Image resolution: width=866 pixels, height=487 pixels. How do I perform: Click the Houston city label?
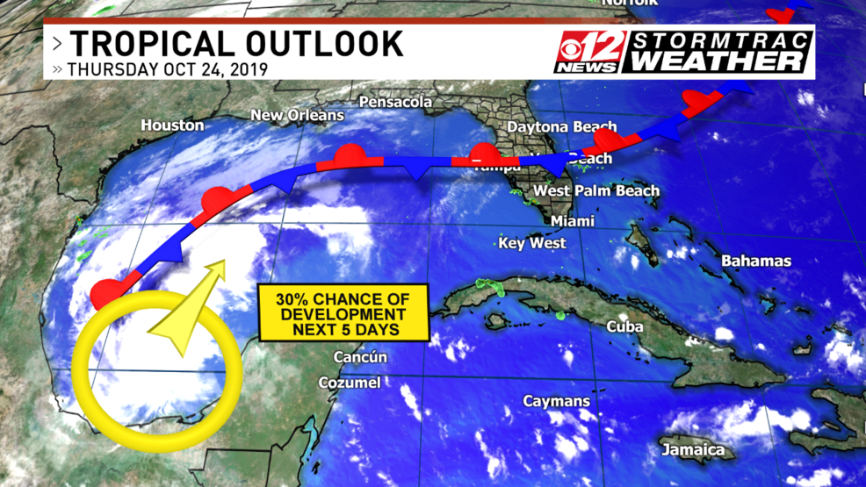pyautogui.click(x=172, y=125)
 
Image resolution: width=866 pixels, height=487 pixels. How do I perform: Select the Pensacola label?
pyautogui.click(x=395, y=103)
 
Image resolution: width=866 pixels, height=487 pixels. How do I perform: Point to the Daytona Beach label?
pyautogui.click(x=562, y=127)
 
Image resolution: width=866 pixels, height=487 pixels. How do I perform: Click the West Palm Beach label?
pyautogui.click(x=596, y=190)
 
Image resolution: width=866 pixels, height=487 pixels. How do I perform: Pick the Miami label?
pyautogui.click(x=573, y=221)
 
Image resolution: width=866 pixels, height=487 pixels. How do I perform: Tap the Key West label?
pyautogui.click(x=532, y=243)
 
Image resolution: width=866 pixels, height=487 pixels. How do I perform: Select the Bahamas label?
pyautogui.click(x=755, y=261)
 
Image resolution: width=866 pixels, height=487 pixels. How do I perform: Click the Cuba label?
pyautogui.click(x=624, y=326)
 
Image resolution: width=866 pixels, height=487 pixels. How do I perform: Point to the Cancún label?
pyautogui.click(x=360, y=357)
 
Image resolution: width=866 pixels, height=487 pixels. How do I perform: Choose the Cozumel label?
pyautogui.click(x=349, y=383)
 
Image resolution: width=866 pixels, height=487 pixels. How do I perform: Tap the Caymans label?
pyautogui.click(x=557, y=401)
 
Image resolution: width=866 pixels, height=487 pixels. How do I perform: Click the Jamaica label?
pyautogui.click(x=694, y=450)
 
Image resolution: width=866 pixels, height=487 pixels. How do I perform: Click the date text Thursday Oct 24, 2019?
pyautogui.click(x=167, y=68)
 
